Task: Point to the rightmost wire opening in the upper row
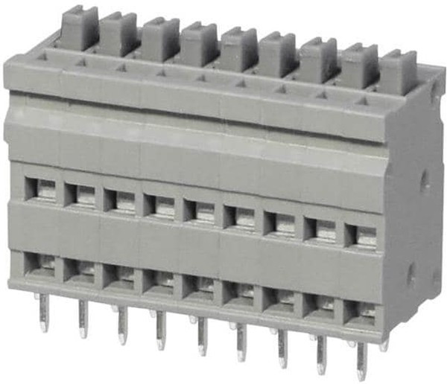pyautogui.click(x=364, y=234)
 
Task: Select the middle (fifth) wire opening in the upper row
pyautogui.click(x=202, y=211)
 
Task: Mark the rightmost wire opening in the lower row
pyautogui.click(x=363, y=313)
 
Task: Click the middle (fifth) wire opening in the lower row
pyautogui.click(x=202, y=288)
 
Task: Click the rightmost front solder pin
pyautogui.click(x=361, y=360)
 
